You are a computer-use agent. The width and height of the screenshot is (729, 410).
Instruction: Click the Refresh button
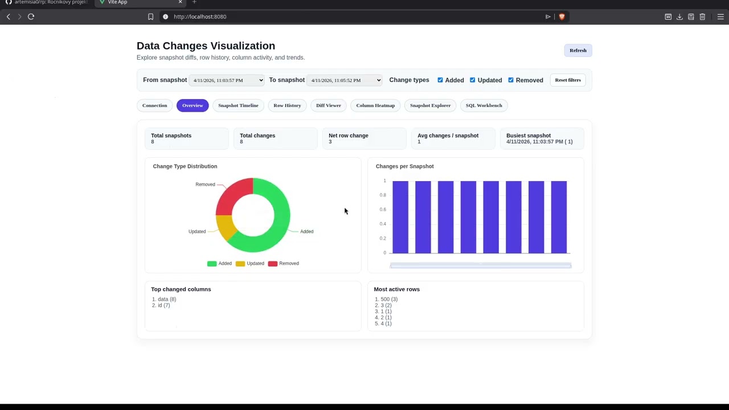[x=578, y=51]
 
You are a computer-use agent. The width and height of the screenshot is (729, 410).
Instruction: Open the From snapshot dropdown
[x=227, y=80]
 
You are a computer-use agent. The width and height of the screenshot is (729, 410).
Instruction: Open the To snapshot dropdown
[x=344, y=80]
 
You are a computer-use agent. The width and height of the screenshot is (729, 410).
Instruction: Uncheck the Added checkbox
[x=440, y=80]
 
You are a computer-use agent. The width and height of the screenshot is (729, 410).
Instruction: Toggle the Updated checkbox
[x=473, y=80]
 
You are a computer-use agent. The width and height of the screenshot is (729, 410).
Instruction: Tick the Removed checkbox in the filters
[x=511, y=80]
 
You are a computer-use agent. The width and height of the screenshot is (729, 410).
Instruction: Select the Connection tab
[x=154, y=105]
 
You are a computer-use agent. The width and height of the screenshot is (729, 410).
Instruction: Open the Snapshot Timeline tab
[x=238, y=105]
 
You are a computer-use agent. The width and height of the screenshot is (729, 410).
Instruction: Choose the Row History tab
[x=287, y=105]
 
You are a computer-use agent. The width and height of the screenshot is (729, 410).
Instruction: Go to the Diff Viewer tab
[x=329, y=105]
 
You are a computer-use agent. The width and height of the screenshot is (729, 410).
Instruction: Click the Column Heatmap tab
[x=375, y=105]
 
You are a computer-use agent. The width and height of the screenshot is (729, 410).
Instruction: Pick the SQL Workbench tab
[x=484, y=105]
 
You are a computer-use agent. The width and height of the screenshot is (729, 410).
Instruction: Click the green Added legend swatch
[x=212, y=264]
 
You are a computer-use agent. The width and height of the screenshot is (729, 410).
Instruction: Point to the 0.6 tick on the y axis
[x=383, y=210]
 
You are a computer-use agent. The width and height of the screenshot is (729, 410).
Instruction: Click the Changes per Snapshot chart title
[x=404, y=166]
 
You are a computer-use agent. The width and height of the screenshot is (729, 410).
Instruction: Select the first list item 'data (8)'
[x=167, y=300]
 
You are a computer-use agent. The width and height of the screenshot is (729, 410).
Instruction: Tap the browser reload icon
[x=31, y=17]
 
